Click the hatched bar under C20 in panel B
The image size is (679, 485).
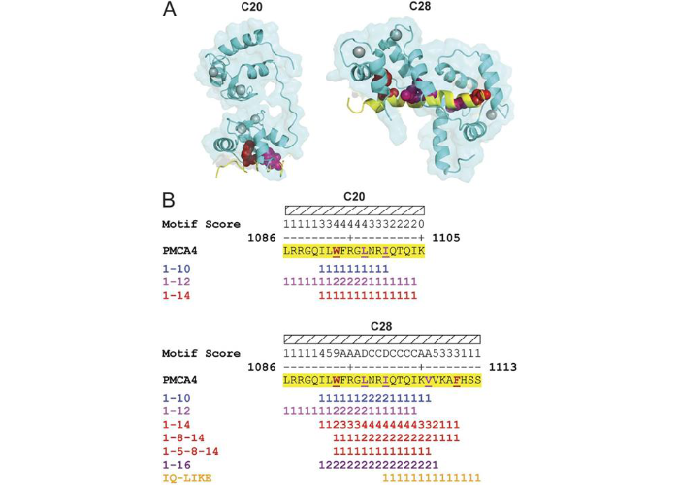tap(354, 210)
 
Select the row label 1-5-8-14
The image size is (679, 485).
tap(197, 451)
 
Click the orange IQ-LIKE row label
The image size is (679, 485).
tap(190, 478)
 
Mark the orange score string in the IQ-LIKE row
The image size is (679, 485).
tap(432, 478)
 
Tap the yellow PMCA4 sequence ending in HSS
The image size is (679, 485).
tap(382, 381)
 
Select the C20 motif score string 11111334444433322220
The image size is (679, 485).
tap(354, 224)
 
